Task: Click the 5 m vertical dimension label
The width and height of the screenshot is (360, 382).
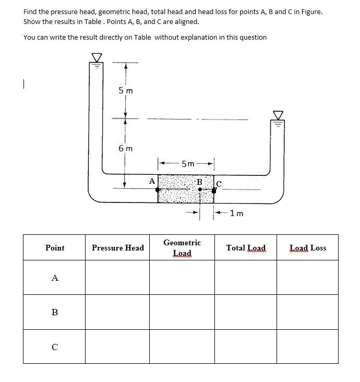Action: tap(126, 91)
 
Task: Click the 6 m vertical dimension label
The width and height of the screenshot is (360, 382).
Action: tap(126, 149)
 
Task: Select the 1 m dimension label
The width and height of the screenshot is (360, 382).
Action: tap(236, 213)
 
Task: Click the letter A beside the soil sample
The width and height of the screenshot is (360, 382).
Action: tap(151, 181)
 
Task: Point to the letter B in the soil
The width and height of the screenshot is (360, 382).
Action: tap(199, 182)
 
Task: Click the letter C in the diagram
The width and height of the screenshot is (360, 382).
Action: tap(219, 183)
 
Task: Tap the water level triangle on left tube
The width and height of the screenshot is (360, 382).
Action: tap(96, 57)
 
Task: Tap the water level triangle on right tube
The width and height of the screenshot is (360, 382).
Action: tap(278, 115)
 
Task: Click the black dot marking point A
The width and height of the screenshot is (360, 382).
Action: tap(158, 189)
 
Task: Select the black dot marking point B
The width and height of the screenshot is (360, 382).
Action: tap(200, 189)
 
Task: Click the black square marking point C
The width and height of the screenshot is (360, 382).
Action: tap(214, 190)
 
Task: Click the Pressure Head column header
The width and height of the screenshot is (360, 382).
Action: tap(117, 248)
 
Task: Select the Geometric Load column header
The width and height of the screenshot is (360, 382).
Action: tap(182, 248)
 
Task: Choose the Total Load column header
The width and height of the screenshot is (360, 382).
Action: tap(246, 248)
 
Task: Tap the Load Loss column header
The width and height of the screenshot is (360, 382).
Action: tap(308, 248)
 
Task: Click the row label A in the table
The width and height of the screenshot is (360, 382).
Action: tap(55, 278)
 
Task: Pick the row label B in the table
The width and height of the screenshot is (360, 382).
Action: tap(55, 312)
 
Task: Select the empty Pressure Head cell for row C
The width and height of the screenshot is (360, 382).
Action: tap(117, 346)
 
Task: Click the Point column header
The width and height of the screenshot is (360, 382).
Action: tap(55, 248)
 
